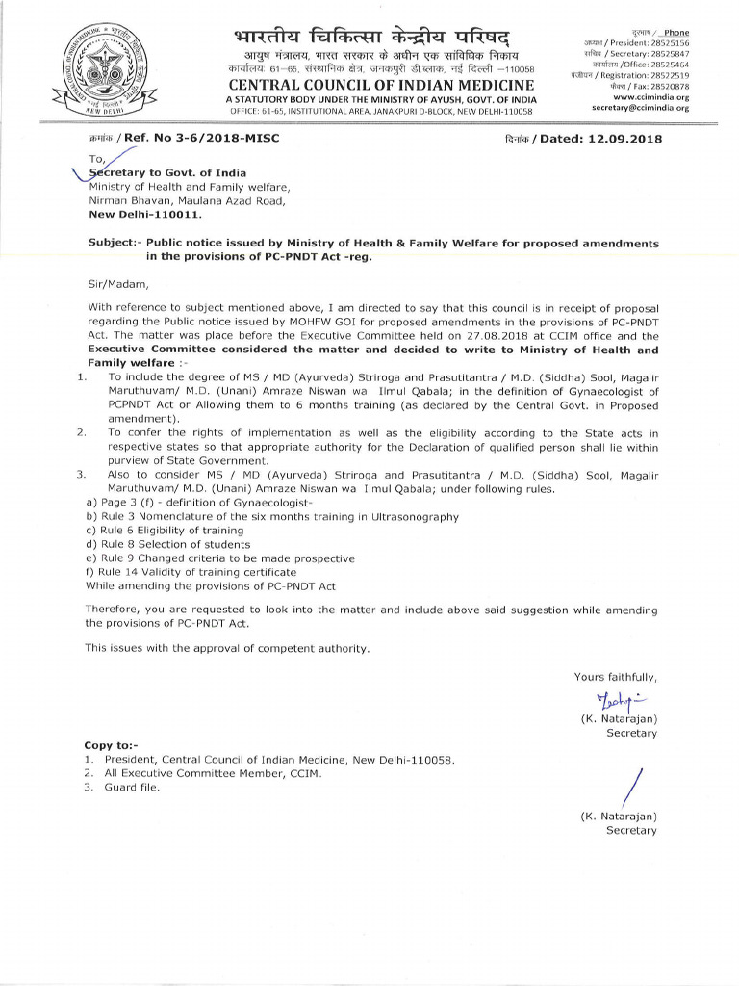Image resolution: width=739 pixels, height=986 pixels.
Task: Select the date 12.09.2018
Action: pos(622,139)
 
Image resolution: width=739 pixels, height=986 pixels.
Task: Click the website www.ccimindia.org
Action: pos(651,97)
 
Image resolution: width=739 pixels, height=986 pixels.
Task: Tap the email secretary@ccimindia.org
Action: pos(642,108)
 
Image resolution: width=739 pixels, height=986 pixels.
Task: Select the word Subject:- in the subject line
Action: pos(115,244)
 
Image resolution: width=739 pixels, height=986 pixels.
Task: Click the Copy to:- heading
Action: pos(112,746)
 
